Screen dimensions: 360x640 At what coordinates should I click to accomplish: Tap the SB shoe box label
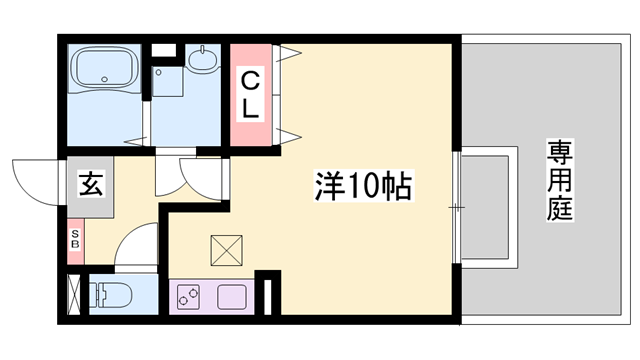pos(75,239)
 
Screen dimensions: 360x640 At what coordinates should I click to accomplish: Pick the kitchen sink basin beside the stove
pos(232,297)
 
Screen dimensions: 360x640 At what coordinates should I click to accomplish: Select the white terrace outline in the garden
pos(488,206)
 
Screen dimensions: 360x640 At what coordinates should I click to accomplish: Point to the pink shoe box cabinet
pos(75,240)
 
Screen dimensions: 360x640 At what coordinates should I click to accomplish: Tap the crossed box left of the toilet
pos(73,295)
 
